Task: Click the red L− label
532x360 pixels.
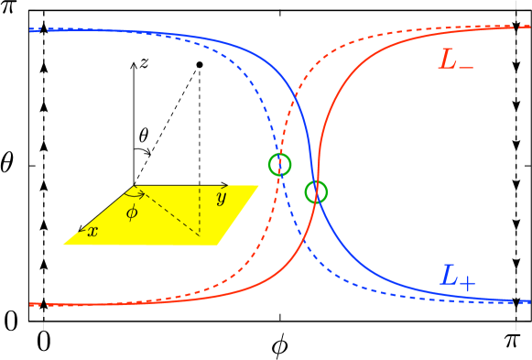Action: pyautogui.click(x=455, y=61)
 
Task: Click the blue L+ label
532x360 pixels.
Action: pyautogui.click(x=457, y=276)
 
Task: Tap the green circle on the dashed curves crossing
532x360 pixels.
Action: pyautogui.click(x=279, y=165)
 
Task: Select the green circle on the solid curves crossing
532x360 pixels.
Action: pyautogui.click(x=316, y=192)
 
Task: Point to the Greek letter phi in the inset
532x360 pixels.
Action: pyautogui.click(x=132, y=213)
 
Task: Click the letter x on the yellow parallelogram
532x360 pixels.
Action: pyautogui.click(x=92, y=232)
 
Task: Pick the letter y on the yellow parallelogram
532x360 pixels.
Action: pyautogui.click(x=221, y=198)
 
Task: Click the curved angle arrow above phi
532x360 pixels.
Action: pyautogui.click(x=135, y=194)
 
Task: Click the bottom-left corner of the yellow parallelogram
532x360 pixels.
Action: pyautogui.click(x=63, y=245)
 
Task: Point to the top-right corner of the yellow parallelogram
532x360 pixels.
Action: pyautogui.click(x=259, y=186)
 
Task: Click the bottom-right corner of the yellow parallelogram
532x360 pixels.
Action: pyautogui.click(x=218, y=245)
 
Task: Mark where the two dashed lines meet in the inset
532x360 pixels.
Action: pyautogui.click(x=200, y=235)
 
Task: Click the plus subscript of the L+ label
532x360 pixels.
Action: pyautogui.click(x=468, y=282)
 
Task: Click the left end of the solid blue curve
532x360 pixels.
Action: pyautogui.click(x=31, y=30)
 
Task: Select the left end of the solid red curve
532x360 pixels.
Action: pyautogui.click(x=31, y=304)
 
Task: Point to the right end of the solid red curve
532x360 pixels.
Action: pyautogui.click(x=530, y=28)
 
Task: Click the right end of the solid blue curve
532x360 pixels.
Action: pyautogui.click(x=530, y=300)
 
